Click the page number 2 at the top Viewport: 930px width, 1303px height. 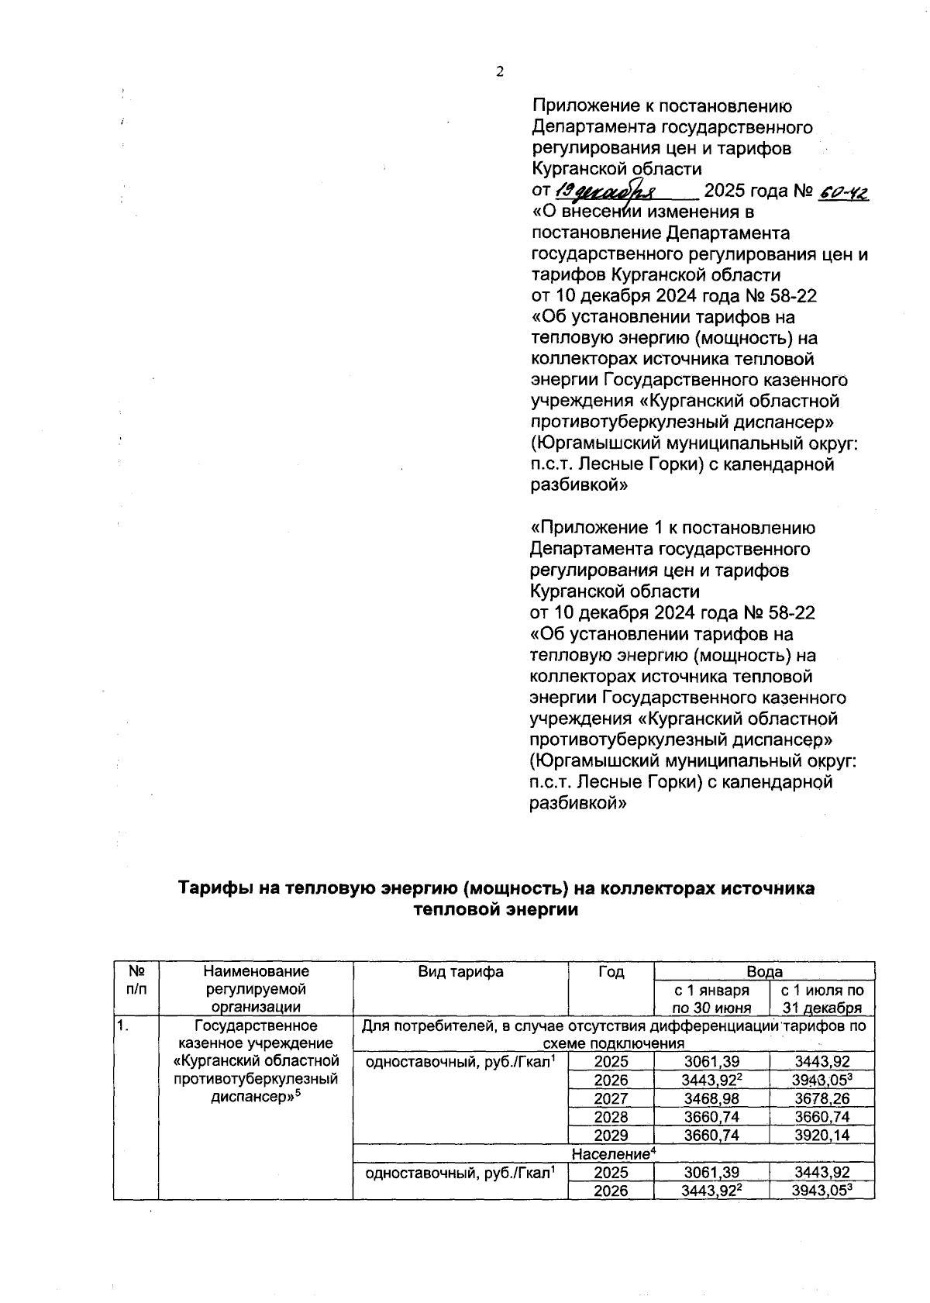[x=499, y=72]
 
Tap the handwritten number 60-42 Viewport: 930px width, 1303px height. [x=843, y=191]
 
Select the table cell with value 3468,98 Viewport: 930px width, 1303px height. [x=711, y=1098]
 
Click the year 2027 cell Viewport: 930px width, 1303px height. [x=611, y=1098]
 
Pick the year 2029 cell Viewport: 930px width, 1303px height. [x=611, y=1136]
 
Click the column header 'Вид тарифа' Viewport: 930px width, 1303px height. [x=460, y=972]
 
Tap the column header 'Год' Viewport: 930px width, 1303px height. [x=611, y=972]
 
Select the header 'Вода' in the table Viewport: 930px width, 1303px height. [x=764, y=971]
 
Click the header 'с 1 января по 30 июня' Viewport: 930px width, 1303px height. [x=711, y=999]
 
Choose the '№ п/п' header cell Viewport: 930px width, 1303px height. [x=136, y=981]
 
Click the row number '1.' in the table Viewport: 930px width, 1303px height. [x=123, y=1027]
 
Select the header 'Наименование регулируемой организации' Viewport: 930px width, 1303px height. [x=255, y=989]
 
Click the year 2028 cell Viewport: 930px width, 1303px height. [x=611, y=1117]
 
